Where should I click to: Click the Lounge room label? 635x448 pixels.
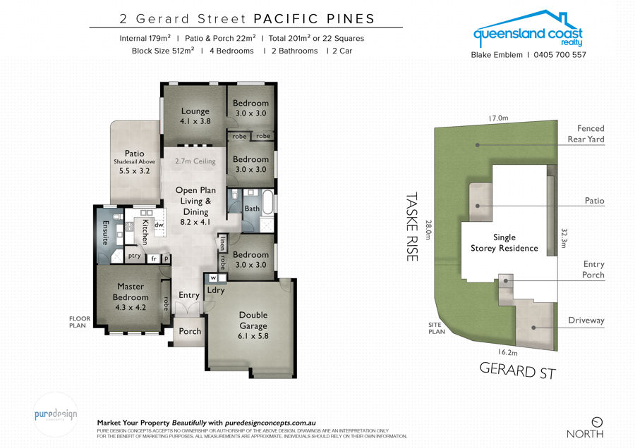tap(195, 111)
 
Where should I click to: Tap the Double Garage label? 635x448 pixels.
tap(253, 321)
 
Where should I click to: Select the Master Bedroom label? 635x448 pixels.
tap(131, 292)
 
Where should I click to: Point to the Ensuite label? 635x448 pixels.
tap(106, 232)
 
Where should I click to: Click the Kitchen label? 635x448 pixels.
tap(145, 232)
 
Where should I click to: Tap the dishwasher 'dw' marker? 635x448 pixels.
tap(159, 225)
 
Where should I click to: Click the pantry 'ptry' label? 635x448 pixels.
tap(135, 256)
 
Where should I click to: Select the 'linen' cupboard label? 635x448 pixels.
tap(223, 244)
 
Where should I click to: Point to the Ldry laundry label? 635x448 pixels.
tap(216, 290)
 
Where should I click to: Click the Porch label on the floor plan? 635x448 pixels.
tap(190, 331)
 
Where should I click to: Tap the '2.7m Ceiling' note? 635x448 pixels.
tap(195, 161)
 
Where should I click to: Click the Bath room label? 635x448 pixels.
tap(252, 209)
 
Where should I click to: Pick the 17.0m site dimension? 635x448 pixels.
tap(498, 118)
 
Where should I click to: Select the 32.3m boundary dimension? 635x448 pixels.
tap(564, 238)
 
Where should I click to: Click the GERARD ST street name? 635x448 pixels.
tap(518, 371)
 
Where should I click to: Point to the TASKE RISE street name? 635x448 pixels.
tap(412, 227)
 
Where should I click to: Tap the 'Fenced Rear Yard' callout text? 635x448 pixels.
tap(586, 134)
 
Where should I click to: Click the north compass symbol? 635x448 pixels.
tap(597, 422)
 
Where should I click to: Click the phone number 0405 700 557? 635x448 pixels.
tap(560, 54)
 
